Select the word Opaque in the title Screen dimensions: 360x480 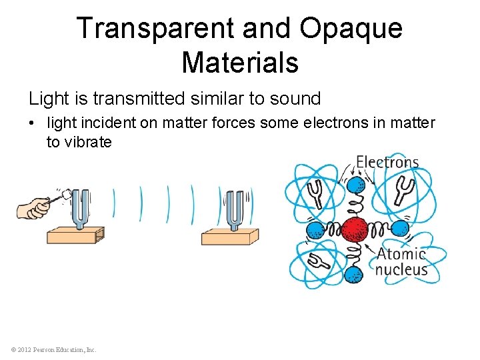coord(351,28)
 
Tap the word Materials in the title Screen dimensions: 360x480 coord(240,62)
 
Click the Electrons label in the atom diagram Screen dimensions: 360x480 coord(387,162)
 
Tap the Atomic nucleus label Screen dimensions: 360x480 coord(401,261)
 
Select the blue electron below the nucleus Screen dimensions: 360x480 coord(355,275)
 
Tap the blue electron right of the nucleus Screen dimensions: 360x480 coord(399,229)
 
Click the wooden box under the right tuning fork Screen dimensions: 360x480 coord(229,237)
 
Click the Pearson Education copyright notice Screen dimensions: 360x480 coord(53,349)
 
